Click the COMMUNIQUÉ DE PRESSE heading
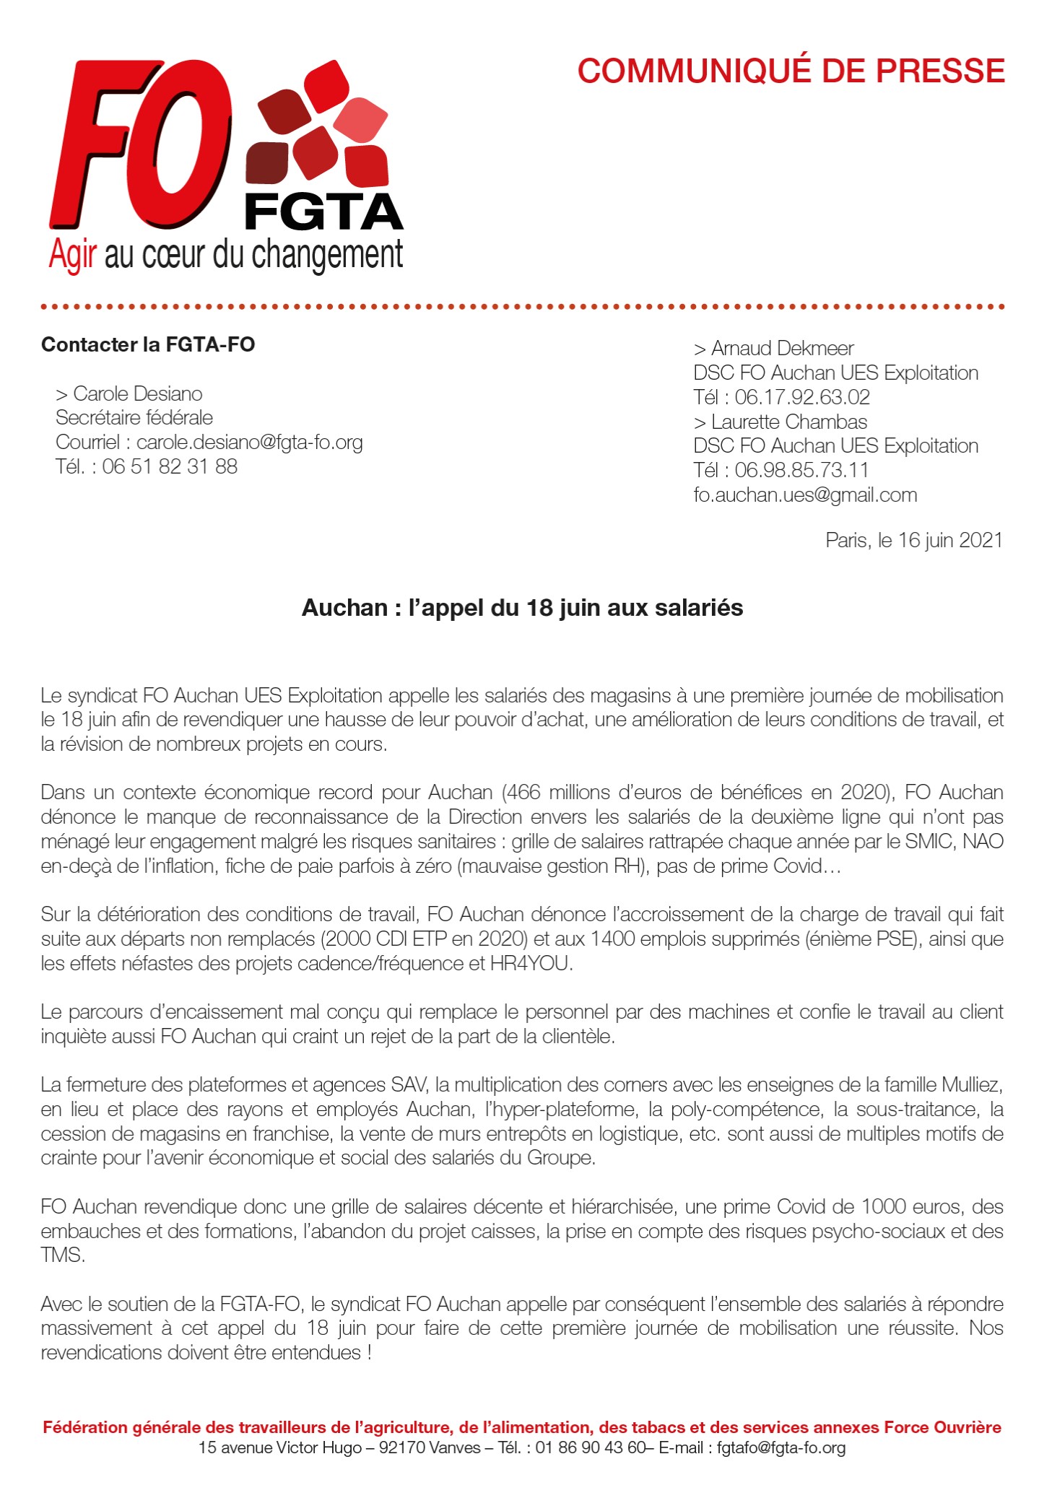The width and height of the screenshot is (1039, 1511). click(791, 71)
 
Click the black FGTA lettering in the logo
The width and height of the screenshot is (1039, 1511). click(323, 212)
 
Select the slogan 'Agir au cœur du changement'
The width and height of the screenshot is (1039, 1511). click(225, 255)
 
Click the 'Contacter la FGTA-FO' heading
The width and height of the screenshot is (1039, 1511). click(148, 344)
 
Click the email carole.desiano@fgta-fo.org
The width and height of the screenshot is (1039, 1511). click(249, 442)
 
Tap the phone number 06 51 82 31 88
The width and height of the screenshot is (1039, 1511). click(170, 466)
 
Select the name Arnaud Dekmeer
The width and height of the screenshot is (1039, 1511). click(782, 349)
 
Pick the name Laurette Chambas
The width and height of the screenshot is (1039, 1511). click(788, 422)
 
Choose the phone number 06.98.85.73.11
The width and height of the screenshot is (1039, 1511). click(801, 470)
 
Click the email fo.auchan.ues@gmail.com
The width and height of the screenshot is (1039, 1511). click(805, 495)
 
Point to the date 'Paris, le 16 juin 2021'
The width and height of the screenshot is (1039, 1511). click(913, 540)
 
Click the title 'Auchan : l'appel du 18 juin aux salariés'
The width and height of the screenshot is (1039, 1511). click(522, 608)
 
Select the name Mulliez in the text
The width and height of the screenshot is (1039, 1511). click(971, 1084)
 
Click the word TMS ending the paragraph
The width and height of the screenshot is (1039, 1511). click(62, 1255)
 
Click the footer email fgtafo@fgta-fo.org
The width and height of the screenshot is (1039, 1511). click(781, 1447)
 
